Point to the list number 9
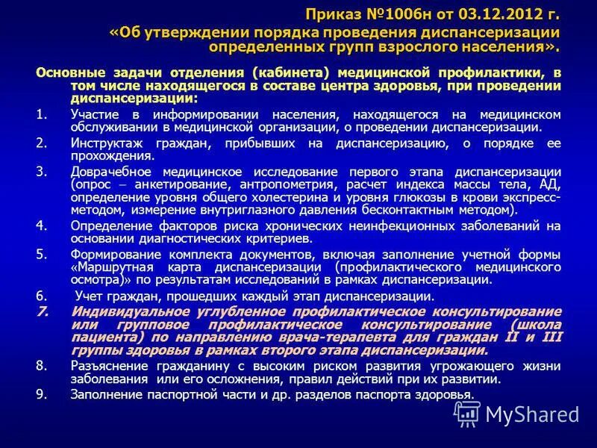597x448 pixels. coord(40,394)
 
